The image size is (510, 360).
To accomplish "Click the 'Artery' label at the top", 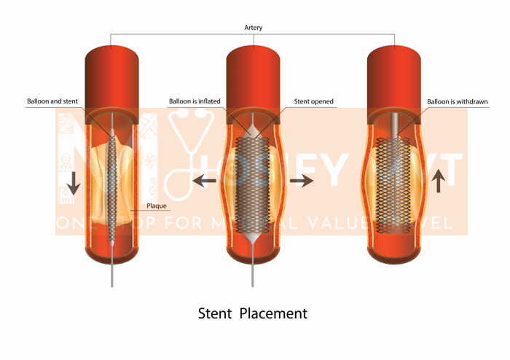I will coord(254,28).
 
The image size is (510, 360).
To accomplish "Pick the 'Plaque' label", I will coord(157,206).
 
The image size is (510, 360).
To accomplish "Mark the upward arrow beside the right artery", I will coord(438,180).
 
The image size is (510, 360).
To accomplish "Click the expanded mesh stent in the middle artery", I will coord(254,182).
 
